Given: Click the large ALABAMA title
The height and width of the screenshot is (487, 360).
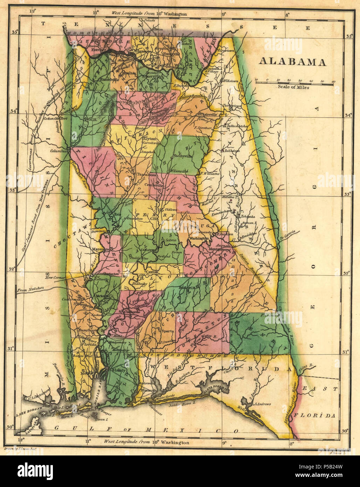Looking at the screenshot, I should coord(292,62).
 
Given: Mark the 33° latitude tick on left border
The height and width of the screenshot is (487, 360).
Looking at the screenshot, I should coord(14,190).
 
